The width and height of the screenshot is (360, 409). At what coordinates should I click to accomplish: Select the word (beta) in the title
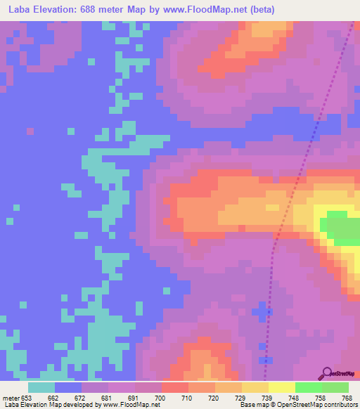pyautogui.click(x=259, y=10)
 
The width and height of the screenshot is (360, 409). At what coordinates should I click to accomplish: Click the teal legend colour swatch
pyautogui.click(x=41, y=387)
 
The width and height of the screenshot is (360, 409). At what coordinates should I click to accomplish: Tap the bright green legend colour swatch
pyautogui.click(x=308, y=387)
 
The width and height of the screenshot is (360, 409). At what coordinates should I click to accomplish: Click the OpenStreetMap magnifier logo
pyautogui.click(x=326, y=374)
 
